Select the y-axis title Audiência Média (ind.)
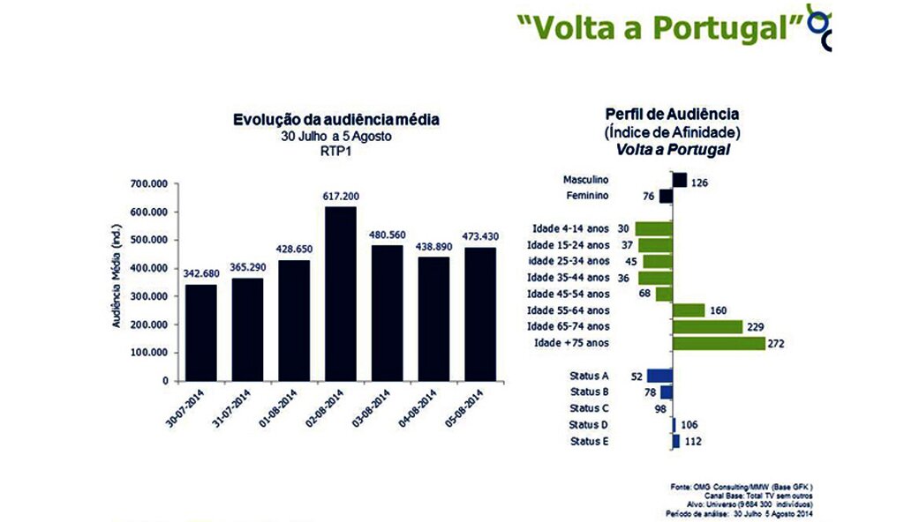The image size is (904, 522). (116, 275)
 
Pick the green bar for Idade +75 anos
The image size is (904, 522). (719, 343)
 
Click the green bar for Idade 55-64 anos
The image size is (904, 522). (689, 310)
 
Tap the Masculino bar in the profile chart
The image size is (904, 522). (680, 180)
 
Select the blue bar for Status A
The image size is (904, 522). (659, 376)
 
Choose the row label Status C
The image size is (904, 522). (590, 408)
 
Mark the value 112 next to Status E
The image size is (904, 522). (693, 441)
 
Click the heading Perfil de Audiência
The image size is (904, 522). (673, 115)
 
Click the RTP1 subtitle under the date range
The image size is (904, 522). (335, 151)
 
